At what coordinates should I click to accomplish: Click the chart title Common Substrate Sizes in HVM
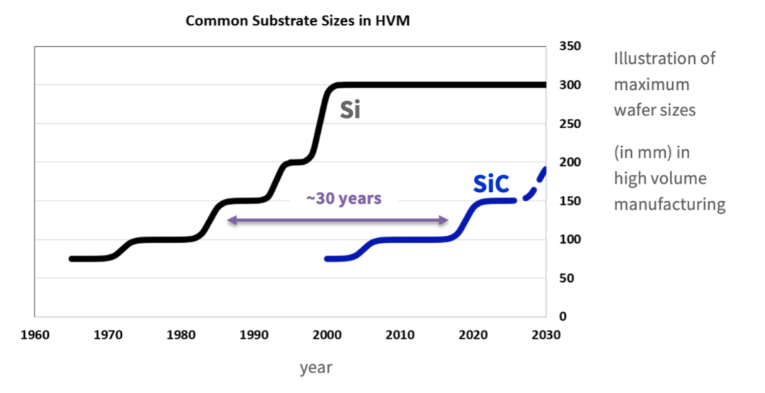[297, 21]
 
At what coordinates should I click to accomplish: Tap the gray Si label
[350, 110]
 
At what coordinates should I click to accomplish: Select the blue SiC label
[491, 183]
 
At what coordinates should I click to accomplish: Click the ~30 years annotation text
[344, 198]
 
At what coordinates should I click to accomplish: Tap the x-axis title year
[315, 368]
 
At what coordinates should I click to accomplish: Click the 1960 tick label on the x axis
[35, 334]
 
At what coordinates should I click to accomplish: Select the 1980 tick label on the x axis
[181, 334]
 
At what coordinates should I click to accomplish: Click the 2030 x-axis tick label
[545, 334]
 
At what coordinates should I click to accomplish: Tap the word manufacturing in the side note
[669, 205]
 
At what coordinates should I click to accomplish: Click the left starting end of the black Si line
[72, 259]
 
